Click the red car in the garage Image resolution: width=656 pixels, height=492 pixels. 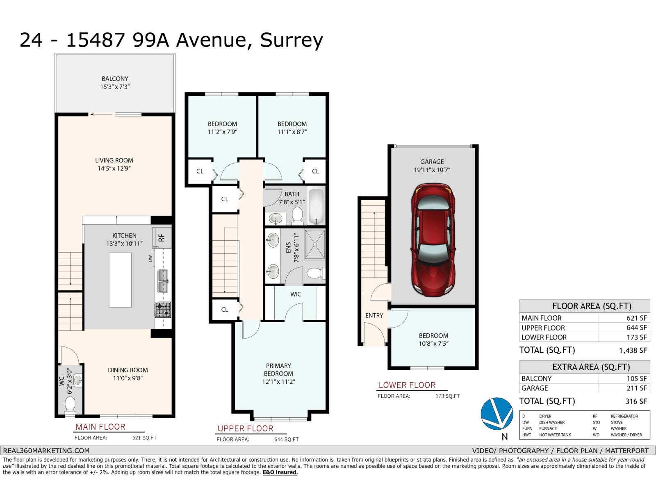point(433,240)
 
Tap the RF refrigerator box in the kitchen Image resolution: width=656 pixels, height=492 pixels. point(162,237)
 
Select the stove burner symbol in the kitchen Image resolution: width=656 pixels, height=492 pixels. point(163,310)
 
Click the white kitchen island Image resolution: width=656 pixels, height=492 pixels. point(120,280)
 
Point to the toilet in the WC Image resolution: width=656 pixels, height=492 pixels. point(71,404)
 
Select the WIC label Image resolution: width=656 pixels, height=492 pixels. point(296,294)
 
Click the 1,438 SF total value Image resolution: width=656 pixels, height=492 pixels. point(633,350)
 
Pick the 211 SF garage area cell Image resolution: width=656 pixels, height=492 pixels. point(636,388)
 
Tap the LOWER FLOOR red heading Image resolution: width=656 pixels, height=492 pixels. point(407,385)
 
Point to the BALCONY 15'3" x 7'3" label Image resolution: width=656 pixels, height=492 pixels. point(115,82)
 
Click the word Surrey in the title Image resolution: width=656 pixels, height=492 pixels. point(292,40)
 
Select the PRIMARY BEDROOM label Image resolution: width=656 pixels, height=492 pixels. point(278,369)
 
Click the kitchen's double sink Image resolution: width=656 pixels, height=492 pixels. point(163,281)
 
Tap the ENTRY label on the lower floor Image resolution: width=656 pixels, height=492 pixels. point(374,315)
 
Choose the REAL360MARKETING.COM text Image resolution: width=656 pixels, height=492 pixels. point(46,450)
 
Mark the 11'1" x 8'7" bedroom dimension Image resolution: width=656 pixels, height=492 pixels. point(292,132)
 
